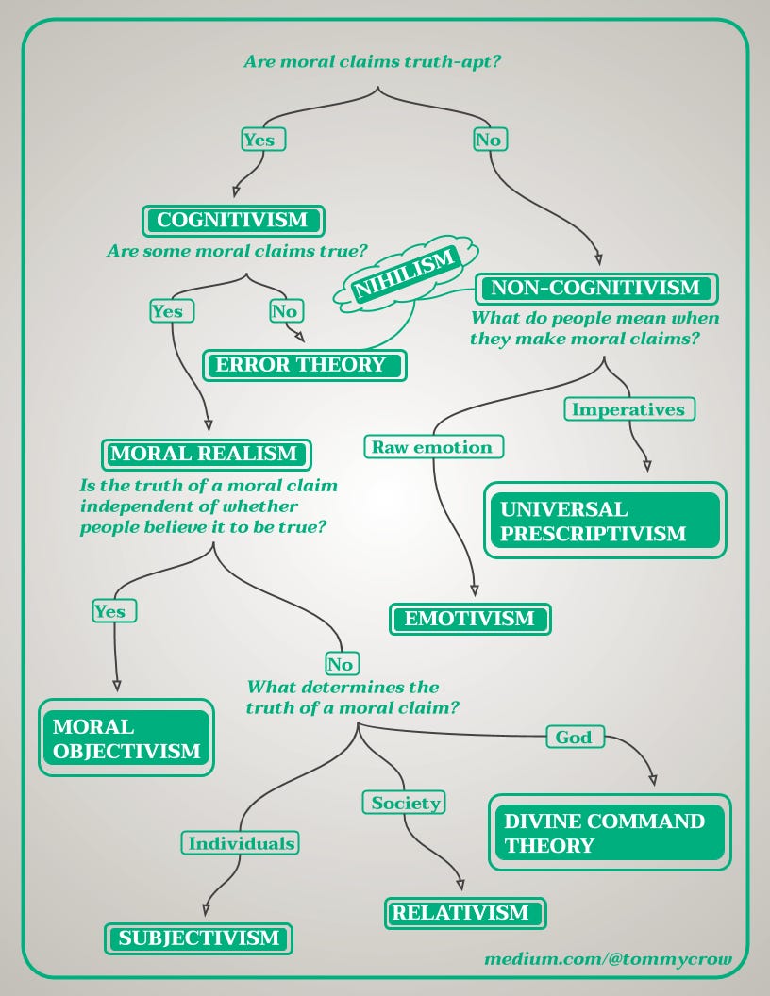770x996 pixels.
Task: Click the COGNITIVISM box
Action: pyautogui.click(x=232, y=221)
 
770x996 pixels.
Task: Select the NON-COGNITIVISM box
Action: pyautogui.click(x=596, y=288)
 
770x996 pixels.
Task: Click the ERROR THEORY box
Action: pyautogui.click(x=304, y=365)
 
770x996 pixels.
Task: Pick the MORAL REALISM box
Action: pyautogui.click(x=204, y=454)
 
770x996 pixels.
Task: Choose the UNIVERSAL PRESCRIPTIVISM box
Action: pyautogui.click(x=606, y=521)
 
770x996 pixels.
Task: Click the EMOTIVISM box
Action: pyautogui.click(x=470, y=620)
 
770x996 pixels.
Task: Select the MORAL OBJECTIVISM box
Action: pyautogui.click(x=126, y=739)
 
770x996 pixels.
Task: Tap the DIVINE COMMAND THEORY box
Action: pyautogui.click(x=610, y=833)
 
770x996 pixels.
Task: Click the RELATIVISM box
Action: pyautogui.click(x=464, y=913)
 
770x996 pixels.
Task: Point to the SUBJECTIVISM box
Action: pyautogui.click(x=199, y=938)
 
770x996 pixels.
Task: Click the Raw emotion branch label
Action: pyautogui.click(x=434, y=447)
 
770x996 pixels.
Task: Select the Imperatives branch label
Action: pyautogui.click(x=629, y=409)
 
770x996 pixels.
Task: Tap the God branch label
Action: pyautogui.click(x=574, y=738)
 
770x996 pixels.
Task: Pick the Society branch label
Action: pyautogui.click(x=406, y=803)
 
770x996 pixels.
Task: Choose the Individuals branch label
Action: pyautogui.click(x=240, y=843)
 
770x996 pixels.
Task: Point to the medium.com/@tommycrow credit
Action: pyautogui.click(x=608, y=960)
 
